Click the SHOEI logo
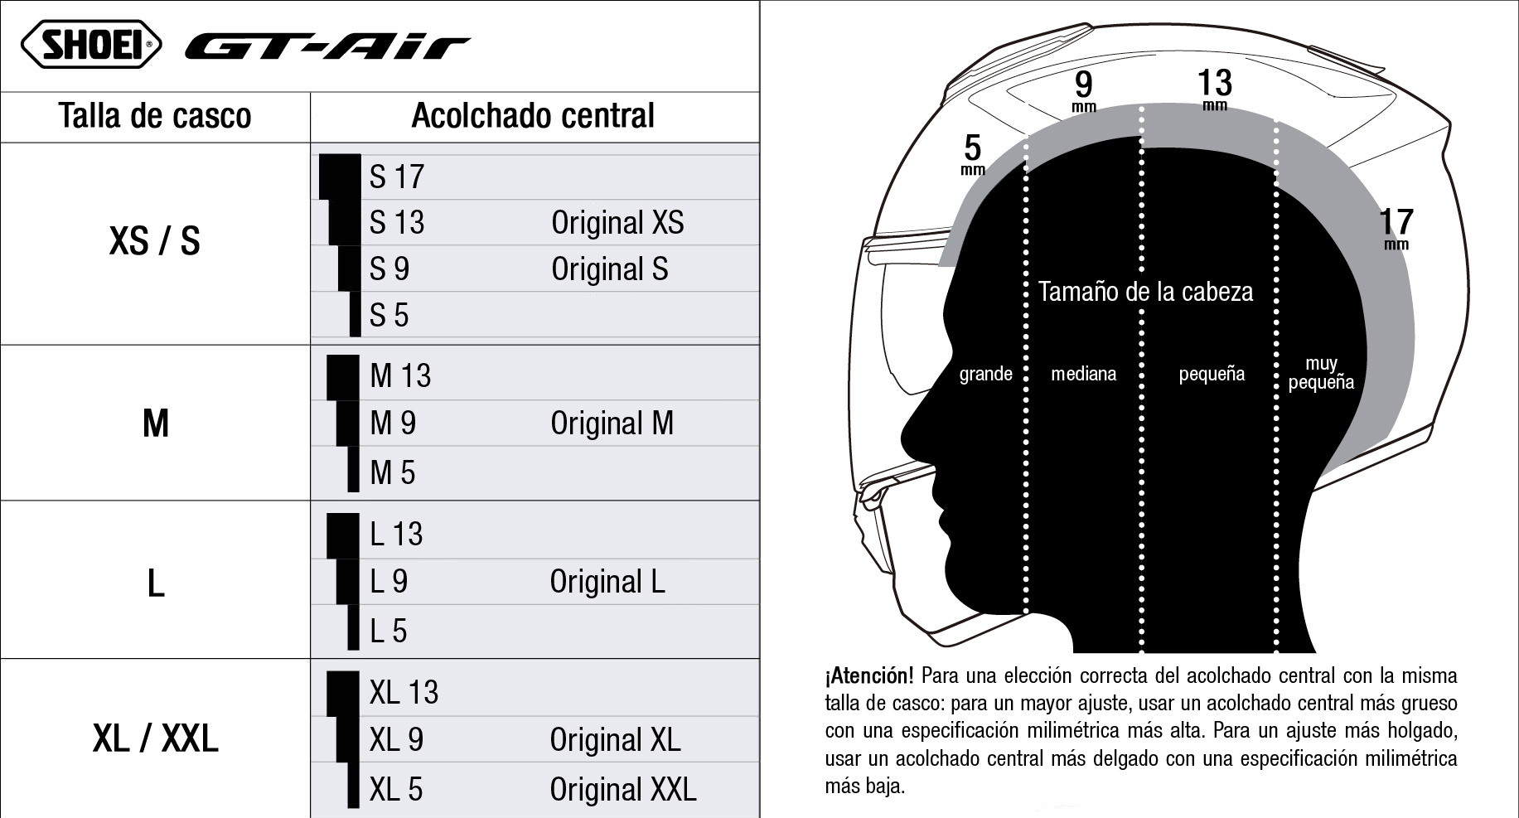(x=91, y=44)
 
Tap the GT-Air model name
(x=327, y=47)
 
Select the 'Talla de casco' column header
(x=155, y=116)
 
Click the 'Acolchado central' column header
(x=533, y=116)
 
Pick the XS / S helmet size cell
(x=155, y=241)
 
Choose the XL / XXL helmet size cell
(x=156, y=738)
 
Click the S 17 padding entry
(x=397, y=177)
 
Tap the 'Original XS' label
(x=617, y=222)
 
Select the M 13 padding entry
(x=400, y=376)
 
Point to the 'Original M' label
(x=612, y=424)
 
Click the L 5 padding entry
(x=388, y=632)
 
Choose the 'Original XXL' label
(x=623, y=790)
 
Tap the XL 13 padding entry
(x=404, y=693)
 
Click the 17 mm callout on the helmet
(x=1396, y=228)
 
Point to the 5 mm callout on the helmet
(x=973, y=155)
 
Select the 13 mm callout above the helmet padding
(x=1215, y=89)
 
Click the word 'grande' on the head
(x=986, y=374)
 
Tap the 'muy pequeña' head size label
(x=1321, y=373)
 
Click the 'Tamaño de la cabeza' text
(x=1145, y=292)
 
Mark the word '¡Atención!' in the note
(x=869, y=676)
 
